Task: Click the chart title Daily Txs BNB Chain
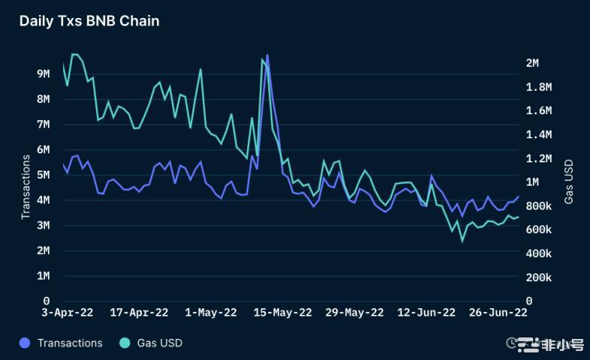point(89,21)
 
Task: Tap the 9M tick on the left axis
point(44,74)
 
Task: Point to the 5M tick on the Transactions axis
point(44,175)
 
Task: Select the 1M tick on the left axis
point(44,276)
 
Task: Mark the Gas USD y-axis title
point(569,181)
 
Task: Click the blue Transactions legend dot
point(25,343)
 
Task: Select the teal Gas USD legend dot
point(125,343)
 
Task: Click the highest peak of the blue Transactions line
point(268,55)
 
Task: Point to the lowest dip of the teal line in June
point(462,241)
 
